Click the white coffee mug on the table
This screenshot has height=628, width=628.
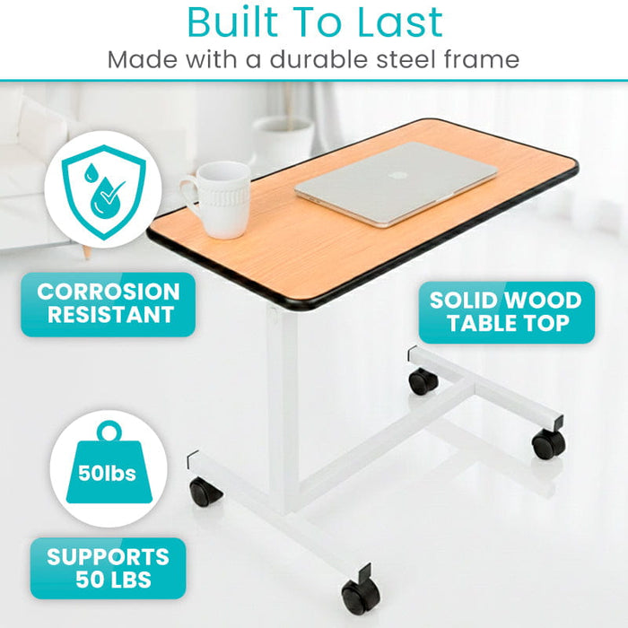[217, 198]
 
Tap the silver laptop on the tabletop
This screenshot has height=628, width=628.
[396, 184]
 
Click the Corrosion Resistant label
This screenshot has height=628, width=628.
[108, 303]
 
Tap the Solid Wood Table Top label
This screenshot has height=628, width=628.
[505, 311]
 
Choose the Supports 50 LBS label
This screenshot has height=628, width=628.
[108, 568]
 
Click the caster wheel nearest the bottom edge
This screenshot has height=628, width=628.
[359, 596]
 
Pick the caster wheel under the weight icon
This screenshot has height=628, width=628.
[205, 492]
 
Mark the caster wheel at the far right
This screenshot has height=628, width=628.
[548, 443]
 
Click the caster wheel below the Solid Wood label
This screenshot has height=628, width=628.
[423, 381]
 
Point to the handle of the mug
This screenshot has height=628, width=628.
[189, 194]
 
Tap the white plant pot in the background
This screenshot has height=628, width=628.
[283, 144]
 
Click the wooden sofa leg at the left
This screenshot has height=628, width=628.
[87, 250]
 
